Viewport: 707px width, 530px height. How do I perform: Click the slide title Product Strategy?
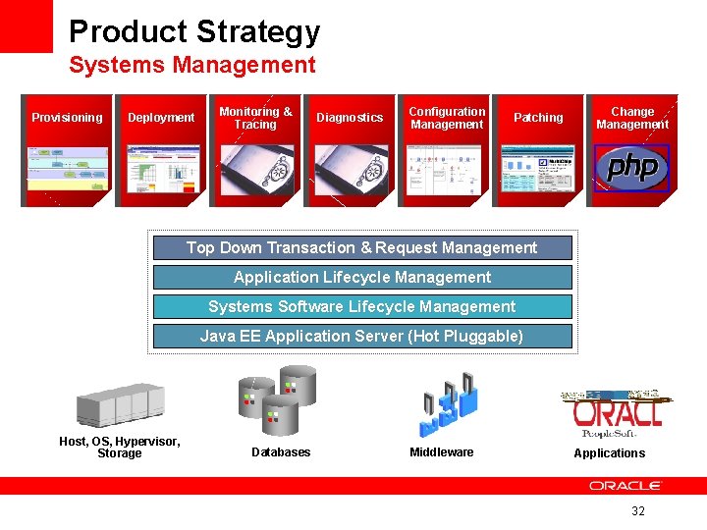tap(194, 31)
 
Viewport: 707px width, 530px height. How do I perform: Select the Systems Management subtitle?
tap(191, 66)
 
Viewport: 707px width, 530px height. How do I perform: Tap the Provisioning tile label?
tap(67, 118)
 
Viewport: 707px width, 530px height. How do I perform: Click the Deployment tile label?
tap(161, 118)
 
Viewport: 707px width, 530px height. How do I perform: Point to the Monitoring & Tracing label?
tap(255, 118)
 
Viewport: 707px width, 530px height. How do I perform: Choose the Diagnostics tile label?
tap(350, 118)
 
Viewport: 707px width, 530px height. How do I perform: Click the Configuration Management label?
tap(447, 118)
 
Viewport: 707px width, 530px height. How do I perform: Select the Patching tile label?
tap(538, 118)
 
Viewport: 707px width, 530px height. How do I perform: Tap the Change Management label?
tap(632, 118)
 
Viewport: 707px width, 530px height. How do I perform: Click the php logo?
tap(631, 168)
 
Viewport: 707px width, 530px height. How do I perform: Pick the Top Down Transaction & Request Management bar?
tap(362, 248)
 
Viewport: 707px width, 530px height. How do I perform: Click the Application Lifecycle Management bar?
tap(362, 278)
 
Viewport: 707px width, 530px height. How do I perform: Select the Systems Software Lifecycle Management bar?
tap(362, 306)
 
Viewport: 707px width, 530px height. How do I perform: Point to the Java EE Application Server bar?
tap(362, 336)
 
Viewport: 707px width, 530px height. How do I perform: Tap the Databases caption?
tap(281, 452)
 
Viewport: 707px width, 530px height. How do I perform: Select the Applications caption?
tap(610, 453)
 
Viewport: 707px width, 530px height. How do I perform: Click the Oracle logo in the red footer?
tap(625, 486)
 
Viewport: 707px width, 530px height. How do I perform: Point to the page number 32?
tap(638, 511)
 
